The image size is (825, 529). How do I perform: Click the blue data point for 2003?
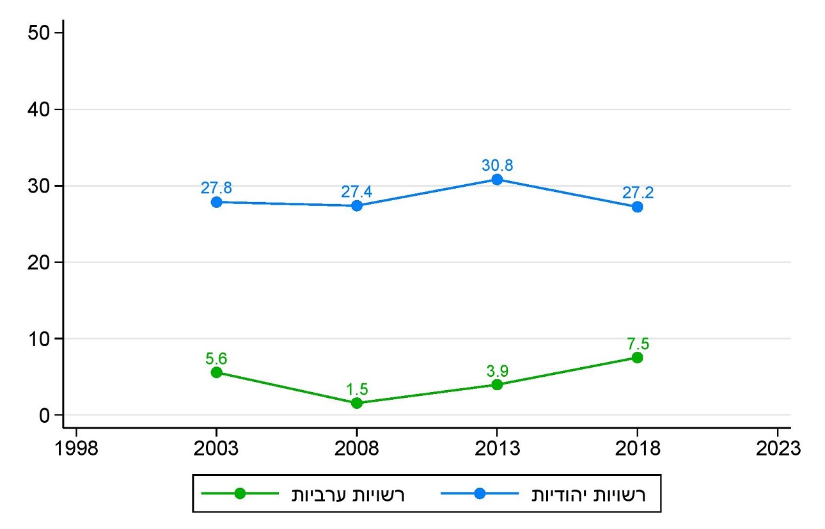[x=216, y=202]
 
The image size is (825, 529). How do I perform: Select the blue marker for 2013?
[x=497, y=180]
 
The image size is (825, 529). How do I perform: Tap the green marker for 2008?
[x=357, y=403]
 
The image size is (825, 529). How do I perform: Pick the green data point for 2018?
[x=637, y=358]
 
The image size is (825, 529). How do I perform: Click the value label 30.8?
[x=497, y=166]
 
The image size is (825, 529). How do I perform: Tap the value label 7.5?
[x=637, y=343]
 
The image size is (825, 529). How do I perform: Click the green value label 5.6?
[x=216, y=358]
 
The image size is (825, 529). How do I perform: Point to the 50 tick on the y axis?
[x=41, y=33]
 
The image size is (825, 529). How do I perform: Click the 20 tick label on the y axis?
[x=41, y=262]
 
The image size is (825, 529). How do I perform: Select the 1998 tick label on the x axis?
[x=76, y=448]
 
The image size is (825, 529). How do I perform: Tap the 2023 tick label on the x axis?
[x=777, y=448]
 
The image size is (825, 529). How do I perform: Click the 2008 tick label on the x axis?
[x=357, y=448]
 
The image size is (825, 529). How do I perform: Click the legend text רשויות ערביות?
[x=349, y=494]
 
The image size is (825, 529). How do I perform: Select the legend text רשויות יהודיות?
[x=589, y=494]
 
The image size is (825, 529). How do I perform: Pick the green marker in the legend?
[x=240, y=494]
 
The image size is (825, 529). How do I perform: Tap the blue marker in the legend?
[x=480, y=494]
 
